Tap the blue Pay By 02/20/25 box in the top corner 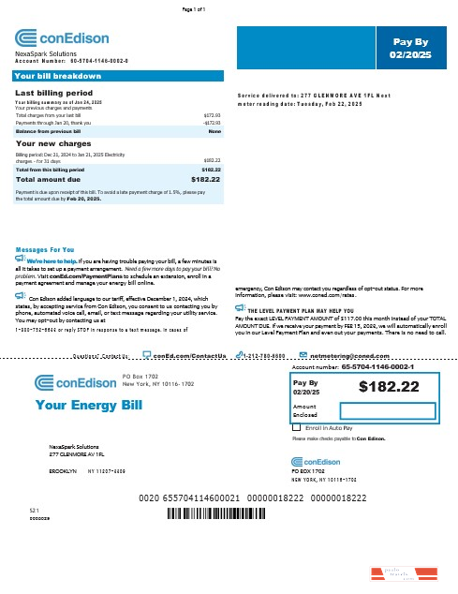(x=410, y=48)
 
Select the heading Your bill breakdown (x=58, y=75)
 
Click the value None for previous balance (x=214, y=132)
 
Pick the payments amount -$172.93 (x=211, y=123)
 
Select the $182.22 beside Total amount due (x=205, y=178)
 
